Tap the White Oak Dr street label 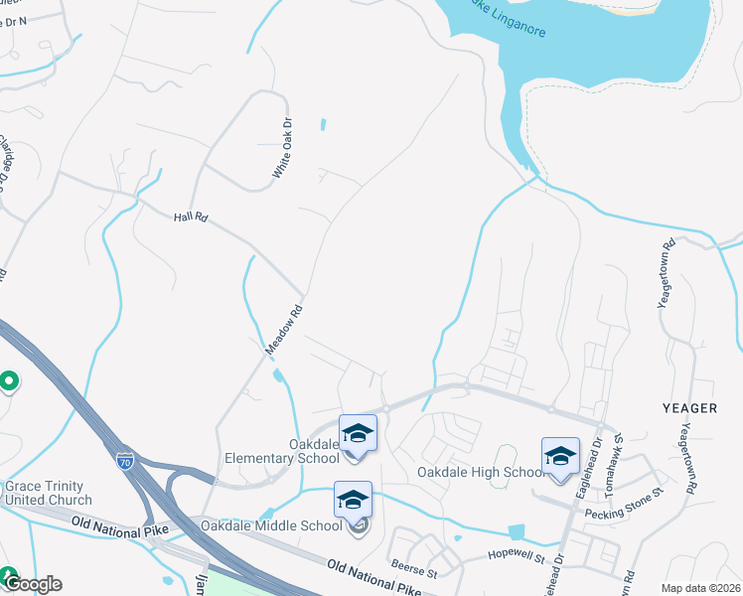[283, 149]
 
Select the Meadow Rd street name [283, 330]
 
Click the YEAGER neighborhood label [689, 408]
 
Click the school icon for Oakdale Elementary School [358, 434]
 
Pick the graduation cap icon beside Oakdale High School [560, 456]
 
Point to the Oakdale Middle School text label [271, 525]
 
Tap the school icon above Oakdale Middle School [353, 501]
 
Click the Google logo [32, 584]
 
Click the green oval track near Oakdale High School [504, 456]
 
